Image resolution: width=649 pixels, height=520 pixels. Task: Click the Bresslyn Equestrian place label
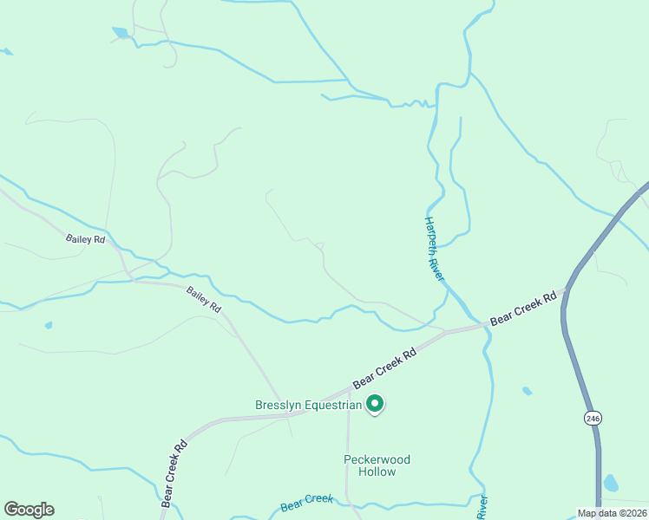pos(308,405)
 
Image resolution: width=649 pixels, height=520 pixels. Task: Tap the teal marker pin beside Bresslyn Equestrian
pos(375,404)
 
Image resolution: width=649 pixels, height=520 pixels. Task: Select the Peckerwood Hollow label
pos(377,465)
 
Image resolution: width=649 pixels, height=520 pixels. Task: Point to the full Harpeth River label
pos(434,248)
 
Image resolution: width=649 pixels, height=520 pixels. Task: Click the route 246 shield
pos(593,418)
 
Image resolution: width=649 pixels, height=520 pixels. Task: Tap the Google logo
pos(29,510)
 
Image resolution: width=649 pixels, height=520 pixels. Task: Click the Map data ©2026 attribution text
pos(612,513)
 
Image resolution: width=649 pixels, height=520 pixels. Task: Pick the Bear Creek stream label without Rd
pos(307,502)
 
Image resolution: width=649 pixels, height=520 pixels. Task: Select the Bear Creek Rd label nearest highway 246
pos(523,309)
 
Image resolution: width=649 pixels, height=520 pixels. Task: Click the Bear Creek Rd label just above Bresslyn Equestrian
pos(385,368)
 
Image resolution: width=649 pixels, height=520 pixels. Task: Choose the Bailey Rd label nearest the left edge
pos(85,238)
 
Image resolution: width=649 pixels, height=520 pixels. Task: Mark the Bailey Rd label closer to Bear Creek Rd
pos(204,300)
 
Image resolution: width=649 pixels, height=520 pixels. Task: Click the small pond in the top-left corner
pos(120,33)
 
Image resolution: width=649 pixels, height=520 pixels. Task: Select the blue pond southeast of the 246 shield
pos(611,483)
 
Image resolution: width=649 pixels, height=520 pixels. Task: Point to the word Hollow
pos(377,472)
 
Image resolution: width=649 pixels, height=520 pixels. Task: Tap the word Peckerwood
pos(377,459)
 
